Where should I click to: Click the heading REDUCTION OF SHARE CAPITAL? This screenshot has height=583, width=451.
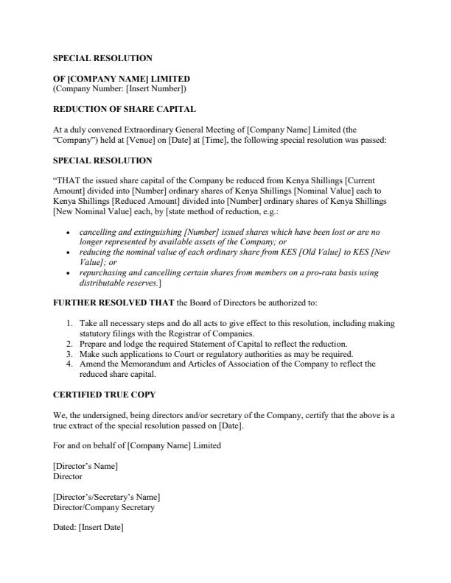click(124, 110)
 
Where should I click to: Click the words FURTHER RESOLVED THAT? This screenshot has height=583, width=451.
click(108, 303)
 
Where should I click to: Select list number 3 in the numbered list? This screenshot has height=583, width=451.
click(69, 353)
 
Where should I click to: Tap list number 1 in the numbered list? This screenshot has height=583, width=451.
click(69, 323)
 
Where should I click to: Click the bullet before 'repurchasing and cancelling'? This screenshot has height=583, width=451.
click(68, 272)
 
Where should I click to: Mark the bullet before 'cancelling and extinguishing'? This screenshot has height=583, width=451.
click(68, 232)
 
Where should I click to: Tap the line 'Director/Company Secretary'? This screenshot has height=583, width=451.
click(104, 507)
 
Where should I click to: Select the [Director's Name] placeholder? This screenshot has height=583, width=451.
click(85, 467)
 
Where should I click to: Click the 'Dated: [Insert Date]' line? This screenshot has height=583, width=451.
click(88, 527)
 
